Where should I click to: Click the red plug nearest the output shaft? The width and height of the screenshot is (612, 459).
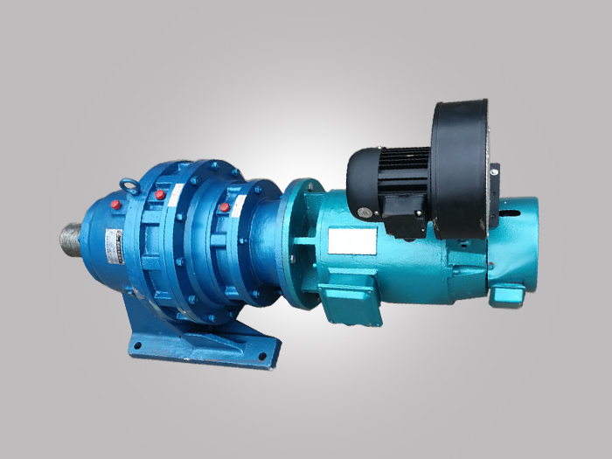(x=115, y=205)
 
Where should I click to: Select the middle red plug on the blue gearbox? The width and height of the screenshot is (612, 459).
(x=160, y=194)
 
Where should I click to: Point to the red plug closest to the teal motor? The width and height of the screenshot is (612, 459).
(x=225, y=207)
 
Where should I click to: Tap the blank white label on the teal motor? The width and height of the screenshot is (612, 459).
(x=351, y=240)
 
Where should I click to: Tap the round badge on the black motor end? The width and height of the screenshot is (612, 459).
(x=352, y=179)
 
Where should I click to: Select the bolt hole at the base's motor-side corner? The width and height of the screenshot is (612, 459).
(x=260, y=358)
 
